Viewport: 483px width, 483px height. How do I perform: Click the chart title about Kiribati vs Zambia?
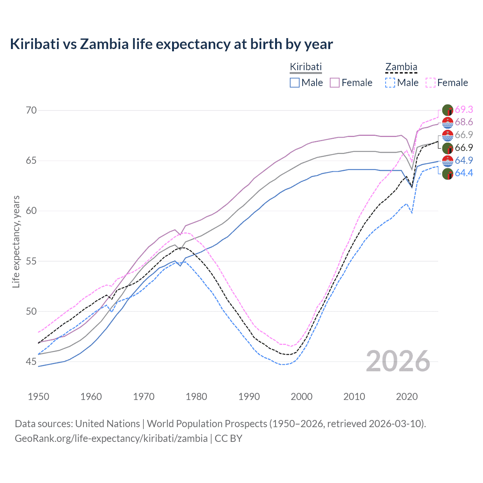171,44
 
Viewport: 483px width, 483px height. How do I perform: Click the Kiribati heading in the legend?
306,67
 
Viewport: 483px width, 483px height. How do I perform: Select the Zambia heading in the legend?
401,67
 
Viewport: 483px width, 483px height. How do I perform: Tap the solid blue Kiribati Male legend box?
295,83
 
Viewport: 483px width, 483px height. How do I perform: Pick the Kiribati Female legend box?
335,83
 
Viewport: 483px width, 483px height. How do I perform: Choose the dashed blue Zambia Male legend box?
390,83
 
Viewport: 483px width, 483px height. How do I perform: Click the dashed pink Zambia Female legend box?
431,83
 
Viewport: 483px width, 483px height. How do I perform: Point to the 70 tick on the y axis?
31,110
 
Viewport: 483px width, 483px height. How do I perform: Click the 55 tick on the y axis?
31,261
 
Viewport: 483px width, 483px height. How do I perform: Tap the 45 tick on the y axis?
31,361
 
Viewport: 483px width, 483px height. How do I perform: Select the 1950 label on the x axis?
38,397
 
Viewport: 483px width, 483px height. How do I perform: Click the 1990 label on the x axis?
249,397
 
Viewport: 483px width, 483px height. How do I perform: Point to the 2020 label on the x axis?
407,397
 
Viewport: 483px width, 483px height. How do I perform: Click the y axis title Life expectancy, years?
16,241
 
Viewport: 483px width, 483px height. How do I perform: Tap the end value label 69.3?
464,109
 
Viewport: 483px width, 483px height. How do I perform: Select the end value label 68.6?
464,122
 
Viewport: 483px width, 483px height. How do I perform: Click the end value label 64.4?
464,173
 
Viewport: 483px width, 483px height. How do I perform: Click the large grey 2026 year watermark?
398,361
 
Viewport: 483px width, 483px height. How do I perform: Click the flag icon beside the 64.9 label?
448,161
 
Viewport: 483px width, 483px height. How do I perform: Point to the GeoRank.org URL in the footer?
111,438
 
